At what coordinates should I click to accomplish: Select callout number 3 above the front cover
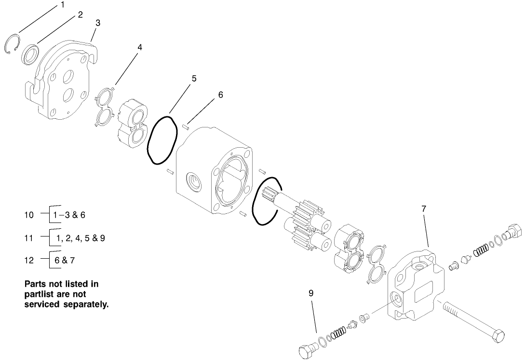tap(98, 23)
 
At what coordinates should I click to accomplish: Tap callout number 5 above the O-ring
tap(194, 78)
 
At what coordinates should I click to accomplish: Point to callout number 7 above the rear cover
tap(424, 209)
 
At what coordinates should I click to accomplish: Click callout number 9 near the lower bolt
tap(311, 292)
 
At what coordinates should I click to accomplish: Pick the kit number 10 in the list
tap(29, 215)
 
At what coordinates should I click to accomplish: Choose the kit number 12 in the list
tap(29, 260)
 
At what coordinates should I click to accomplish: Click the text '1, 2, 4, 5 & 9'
tap(81, 238)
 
